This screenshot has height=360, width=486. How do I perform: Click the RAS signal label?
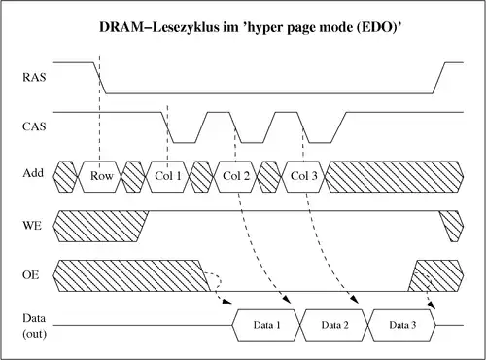34,74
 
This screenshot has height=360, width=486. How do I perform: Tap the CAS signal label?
34,126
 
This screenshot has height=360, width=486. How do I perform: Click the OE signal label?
32,276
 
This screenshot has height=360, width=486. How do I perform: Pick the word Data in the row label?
34,318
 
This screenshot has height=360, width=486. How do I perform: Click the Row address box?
101,175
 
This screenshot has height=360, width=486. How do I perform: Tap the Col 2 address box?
236,175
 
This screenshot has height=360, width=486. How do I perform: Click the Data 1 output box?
266,323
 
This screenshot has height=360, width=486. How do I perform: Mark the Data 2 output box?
334,323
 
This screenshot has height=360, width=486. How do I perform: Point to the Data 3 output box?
401,323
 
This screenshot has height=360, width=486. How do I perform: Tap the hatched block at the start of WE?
97,226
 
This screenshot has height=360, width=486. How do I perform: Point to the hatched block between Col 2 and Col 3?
269,175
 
